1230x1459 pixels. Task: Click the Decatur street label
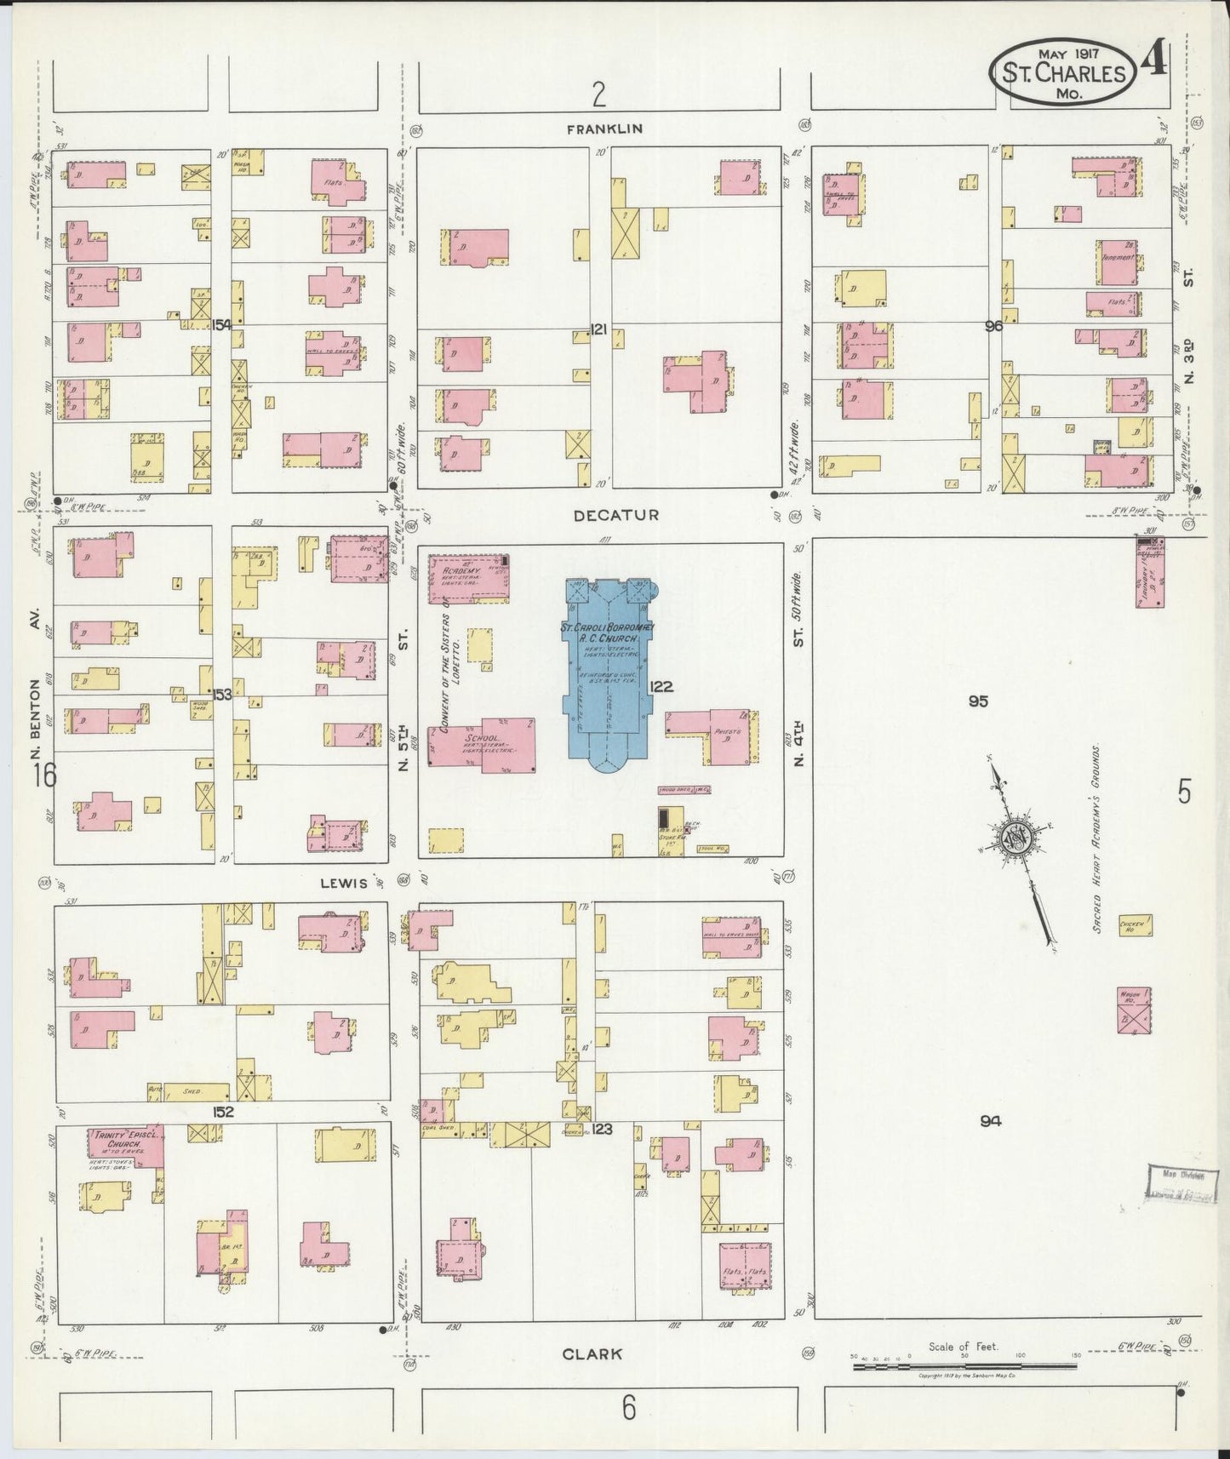[604, 516]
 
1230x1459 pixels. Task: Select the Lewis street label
[344, 884]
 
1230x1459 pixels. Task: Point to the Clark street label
[592, 1353]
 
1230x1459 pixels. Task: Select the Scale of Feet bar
[964, 1366]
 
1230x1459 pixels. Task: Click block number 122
[661, 687]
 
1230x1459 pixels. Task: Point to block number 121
[598, 329]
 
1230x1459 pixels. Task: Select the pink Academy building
[467, 578]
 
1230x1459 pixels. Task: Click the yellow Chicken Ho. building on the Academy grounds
[1136, 925]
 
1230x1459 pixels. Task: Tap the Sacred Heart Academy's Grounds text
[1098, 838]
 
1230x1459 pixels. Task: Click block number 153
[222, 695]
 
